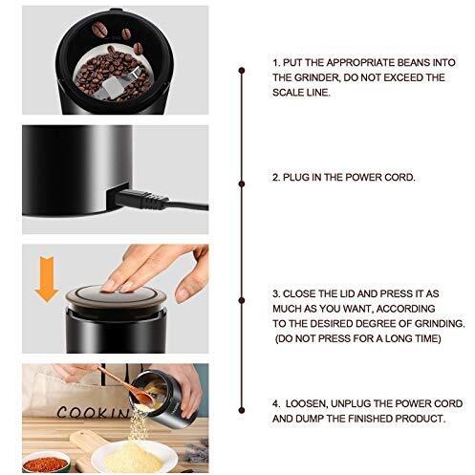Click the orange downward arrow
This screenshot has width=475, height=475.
[47, 278]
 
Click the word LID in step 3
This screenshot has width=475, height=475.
[345, 293]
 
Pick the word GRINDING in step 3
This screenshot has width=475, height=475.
[440, 324]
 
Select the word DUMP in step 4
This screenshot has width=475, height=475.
[307, 419]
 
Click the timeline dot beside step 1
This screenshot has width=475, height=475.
[242, 70]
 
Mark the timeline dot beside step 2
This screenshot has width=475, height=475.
[242, 184]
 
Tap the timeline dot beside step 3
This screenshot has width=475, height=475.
[242, 300]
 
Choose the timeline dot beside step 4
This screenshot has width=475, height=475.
[242, 410]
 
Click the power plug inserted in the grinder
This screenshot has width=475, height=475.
[141, 199]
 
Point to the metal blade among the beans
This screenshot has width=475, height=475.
[121, 82]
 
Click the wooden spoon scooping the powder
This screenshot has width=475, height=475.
[126, 386]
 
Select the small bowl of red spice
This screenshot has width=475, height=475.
[46, 463]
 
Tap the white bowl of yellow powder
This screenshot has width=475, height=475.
[134, 456]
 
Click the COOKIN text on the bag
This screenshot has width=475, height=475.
[93, 412]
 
